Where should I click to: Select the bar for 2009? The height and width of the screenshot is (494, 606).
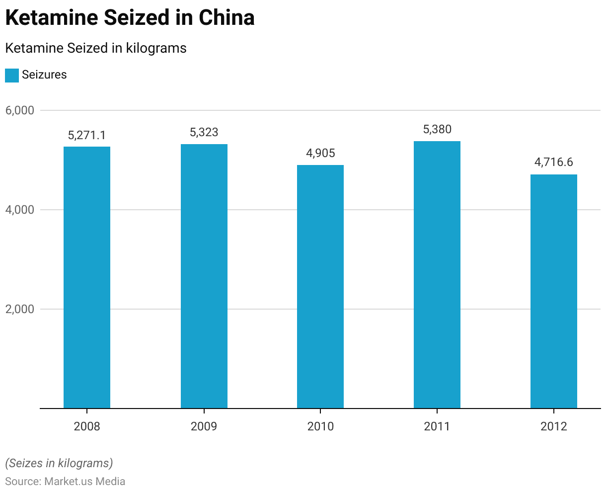[204, 276]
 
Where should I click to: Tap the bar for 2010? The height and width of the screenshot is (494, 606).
[320, 287]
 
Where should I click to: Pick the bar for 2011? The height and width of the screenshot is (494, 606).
[437, 275]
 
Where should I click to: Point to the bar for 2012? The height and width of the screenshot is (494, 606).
[554, 291]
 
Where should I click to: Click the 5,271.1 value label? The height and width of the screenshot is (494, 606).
[87, 135]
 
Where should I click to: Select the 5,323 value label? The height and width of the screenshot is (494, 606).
[204, 133]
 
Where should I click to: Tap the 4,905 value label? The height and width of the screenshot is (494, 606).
[320, 153]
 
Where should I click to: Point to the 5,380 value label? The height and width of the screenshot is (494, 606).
[437, 130]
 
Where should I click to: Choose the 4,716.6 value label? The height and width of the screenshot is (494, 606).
[554, 163]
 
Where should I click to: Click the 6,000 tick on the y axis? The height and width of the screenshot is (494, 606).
[20, 110]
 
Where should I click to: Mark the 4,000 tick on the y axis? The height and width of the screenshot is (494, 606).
[20, 210]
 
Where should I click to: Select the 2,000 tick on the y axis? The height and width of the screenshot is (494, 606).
[20, 309]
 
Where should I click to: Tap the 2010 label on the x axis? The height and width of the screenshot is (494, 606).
[320, 426]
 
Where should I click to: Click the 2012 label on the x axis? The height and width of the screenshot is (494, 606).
[554, 426]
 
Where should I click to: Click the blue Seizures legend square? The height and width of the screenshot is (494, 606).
[12, 75]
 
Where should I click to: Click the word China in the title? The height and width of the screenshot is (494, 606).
[227, 18]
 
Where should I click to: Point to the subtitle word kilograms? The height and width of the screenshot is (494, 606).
[156, 48]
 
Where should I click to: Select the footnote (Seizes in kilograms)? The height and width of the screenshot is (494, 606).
[59, 463]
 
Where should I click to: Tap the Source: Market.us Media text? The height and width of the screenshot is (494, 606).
[65, 481]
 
